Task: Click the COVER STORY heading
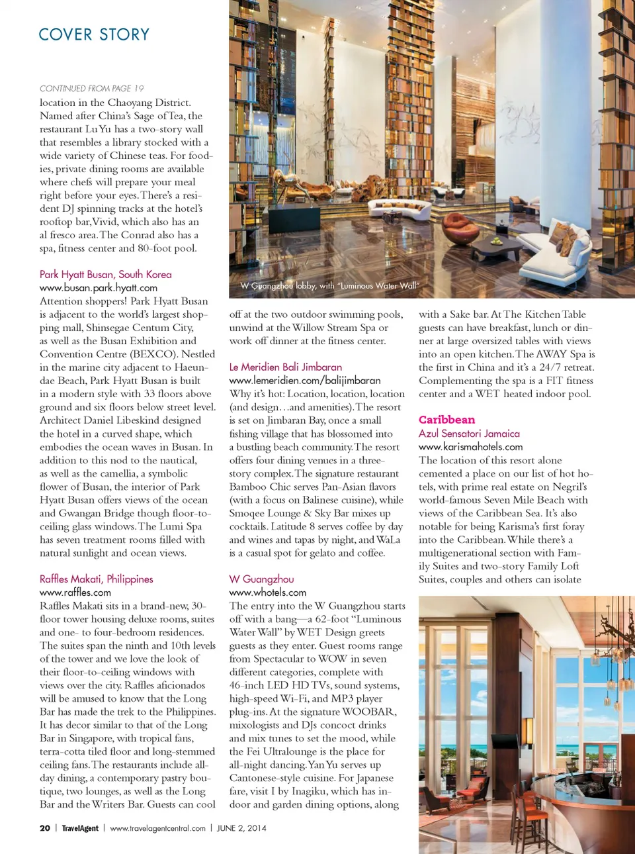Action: (x=94, y=34)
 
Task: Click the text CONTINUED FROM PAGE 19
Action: (x=91, y=88)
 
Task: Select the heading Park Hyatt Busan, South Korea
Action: (x=105, y=274)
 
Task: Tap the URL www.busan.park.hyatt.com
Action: (x=98, y=287)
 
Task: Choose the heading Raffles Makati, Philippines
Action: (x=96, y=579)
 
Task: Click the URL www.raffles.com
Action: (x=75, y=593)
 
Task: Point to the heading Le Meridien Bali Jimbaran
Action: (x=285, y=367)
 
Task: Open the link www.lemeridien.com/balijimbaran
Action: (x=304, y=380)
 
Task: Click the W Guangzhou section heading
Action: (x=261, y=579)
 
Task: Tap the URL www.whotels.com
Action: (x=267, y=593)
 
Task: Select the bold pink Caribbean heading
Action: (x=446, y=420)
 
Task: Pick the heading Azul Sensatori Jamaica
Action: (x=469, y=434)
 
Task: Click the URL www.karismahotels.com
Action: (x=470, y=447)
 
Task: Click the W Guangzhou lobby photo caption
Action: (x=329, y=286)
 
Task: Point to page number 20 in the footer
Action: (x=45, y=828)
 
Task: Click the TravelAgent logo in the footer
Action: (x=80, y=828)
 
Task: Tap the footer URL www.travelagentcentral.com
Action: (x=157, y=828)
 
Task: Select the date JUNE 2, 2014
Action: (x=241, y=828)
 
